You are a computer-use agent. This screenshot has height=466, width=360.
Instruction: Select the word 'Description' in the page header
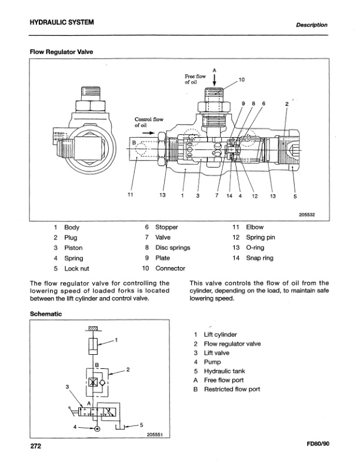tap(312, 25)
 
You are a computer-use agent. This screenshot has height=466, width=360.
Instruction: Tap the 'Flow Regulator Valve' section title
tap(62, 52)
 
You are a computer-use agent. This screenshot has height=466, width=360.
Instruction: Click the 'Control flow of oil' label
tap(148, 122)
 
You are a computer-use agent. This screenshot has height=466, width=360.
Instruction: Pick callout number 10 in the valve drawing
tap(241, 79)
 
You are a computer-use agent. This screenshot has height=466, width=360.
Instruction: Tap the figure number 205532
tap(307, 215)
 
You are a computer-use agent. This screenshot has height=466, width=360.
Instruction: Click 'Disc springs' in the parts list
tap(172, 248)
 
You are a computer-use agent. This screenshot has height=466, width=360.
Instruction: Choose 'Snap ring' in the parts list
tap(259, 258)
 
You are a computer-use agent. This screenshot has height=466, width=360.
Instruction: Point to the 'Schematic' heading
tap(46, 314)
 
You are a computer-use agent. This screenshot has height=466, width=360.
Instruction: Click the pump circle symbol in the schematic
tap(96, 429)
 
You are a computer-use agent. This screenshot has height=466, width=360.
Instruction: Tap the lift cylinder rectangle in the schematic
tap(92, 345)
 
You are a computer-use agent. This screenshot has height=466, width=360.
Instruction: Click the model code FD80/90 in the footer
tap(318, 445)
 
